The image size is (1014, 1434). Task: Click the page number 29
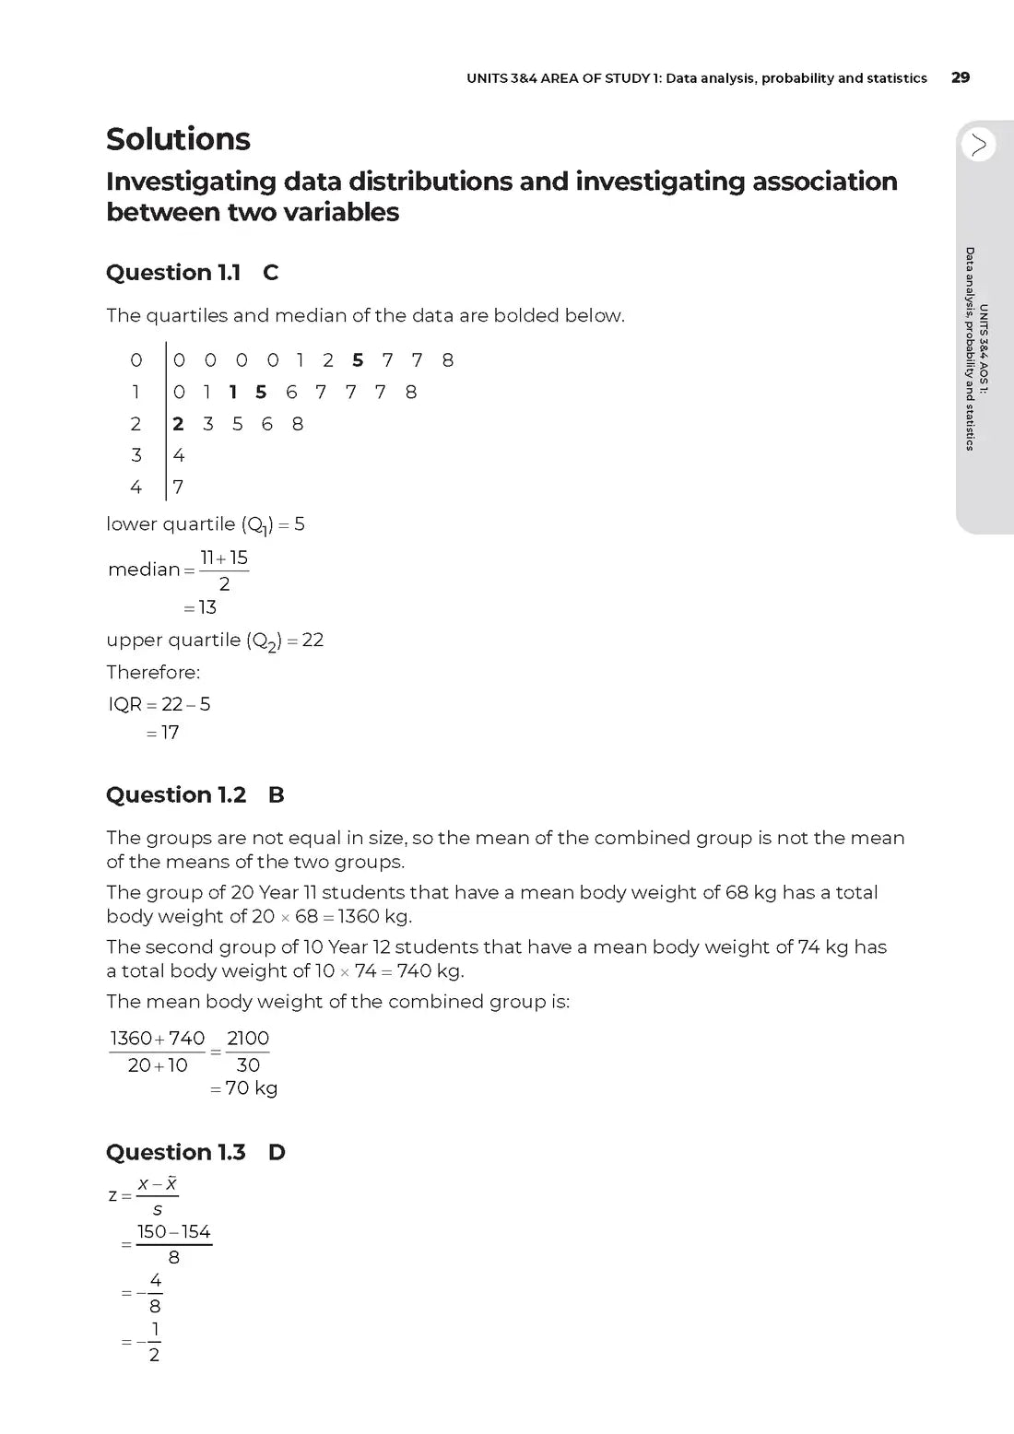coord(960,77)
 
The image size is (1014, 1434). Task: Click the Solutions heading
coord(178,139)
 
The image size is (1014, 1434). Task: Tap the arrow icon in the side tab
coord(978,145)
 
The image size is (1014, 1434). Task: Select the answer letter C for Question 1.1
coord(270,273)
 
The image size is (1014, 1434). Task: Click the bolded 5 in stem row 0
coord(358,360)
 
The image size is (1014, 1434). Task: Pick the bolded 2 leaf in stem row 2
coord(178,424)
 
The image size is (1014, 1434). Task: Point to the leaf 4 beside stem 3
coord(178,455)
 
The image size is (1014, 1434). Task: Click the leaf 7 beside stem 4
coord(178,487)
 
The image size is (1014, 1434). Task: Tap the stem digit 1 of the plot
coord(136,393)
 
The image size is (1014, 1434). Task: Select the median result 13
coord(207,607)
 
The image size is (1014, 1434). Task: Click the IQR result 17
coord(170,733)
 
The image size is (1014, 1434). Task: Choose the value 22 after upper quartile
coord(312,641)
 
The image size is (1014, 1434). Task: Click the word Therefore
coord(152,672)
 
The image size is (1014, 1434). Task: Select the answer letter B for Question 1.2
coord(276,795)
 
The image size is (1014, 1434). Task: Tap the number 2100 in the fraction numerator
coord(248,1039)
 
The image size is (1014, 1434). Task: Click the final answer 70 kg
coord(251,1088)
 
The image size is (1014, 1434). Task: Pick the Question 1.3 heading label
coord(175,1153)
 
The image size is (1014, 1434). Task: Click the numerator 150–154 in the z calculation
coord(173,1232)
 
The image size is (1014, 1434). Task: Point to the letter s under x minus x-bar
coord(157,1210)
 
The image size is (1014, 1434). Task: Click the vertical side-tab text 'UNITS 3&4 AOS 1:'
coord(984,350)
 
